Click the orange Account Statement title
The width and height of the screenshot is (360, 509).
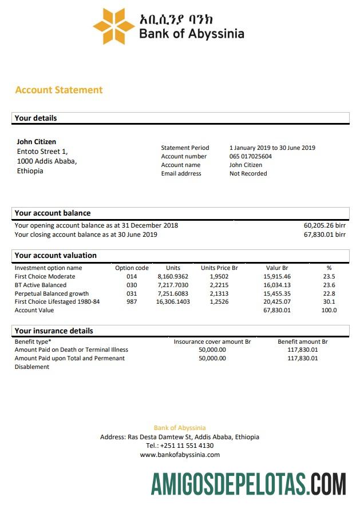tap(59, 90)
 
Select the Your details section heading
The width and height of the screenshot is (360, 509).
tap(35, 118)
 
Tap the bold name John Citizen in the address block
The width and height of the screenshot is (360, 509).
tap(37, 142)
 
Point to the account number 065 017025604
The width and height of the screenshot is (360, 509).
tap(251, 156)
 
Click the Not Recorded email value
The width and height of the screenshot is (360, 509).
tap(248, 173)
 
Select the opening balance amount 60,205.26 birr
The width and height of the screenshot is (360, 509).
tap(325, 225)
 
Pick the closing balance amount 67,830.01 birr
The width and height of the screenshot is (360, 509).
tap(325, 234)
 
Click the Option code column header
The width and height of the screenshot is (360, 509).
tap(132, 268)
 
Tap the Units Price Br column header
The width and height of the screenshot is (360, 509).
tap(219, 268)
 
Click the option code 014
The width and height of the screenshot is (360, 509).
tap(132, 276)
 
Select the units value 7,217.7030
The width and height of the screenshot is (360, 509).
tap(173, 285)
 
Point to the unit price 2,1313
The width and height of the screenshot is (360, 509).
tap(219, 293)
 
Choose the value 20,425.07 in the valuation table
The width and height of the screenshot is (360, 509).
tap(277, 301)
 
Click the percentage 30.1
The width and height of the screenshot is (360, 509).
tap(329, 301)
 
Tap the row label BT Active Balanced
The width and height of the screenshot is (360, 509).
tap(41, 285)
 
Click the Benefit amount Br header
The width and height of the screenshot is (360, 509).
tap(302, 341)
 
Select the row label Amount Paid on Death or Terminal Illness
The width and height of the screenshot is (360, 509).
tap(72, 349)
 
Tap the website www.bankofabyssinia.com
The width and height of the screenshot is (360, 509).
tap(180, 455)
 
